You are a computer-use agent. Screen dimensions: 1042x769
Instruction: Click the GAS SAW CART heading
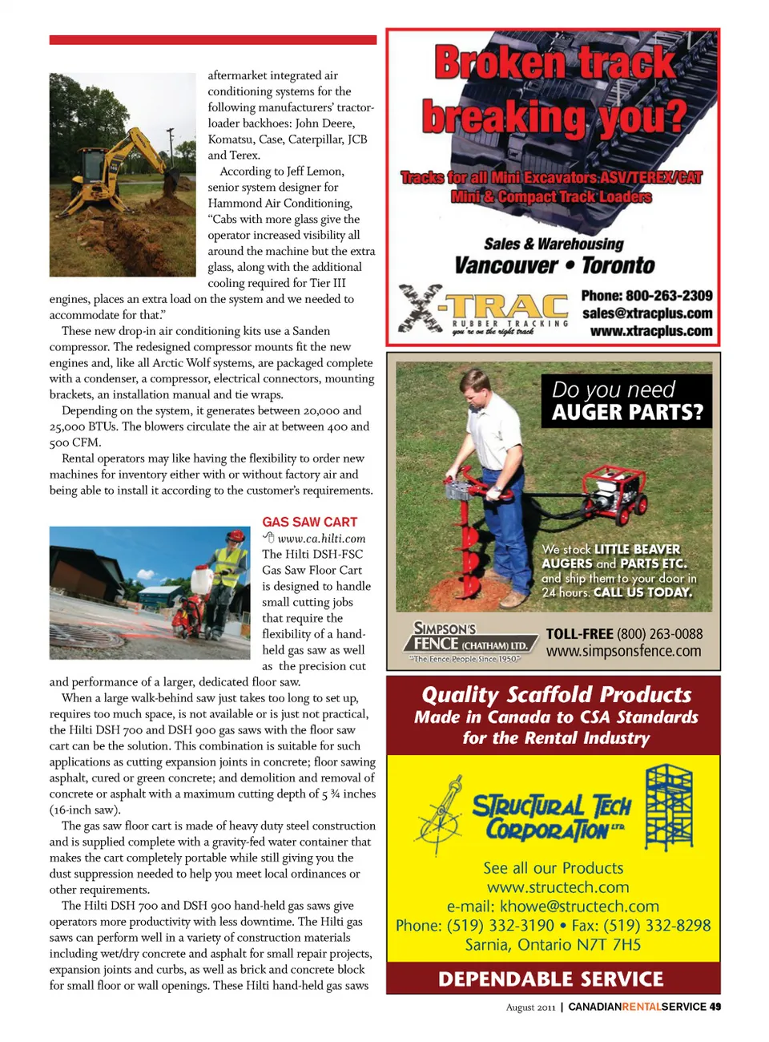[x=310, y=522]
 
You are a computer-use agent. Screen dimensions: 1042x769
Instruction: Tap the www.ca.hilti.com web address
[x=321, y=539]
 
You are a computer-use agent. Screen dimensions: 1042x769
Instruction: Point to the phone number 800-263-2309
[x=646, y=296]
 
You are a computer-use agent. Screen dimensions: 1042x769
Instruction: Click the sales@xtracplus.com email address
[x=646, y=313]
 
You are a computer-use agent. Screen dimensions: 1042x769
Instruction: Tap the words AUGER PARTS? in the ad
[x=627, y=413]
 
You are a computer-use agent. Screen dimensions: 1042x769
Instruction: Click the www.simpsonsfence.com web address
[x=623, y=652]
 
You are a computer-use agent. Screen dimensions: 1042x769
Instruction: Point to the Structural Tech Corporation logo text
[x=551, y=817]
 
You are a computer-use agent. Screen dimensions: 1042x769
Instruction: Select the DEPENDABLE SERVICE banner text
[x=551, y=979]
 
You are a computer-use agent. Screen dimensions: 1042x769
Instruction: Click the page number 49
[x=715, y=1007]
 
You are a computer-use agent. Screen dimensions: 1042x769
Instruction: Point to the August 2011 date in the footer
[x=530, y=1008]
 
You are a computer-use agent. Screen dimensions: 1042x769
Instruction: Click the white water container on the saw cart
[x=203, y=579]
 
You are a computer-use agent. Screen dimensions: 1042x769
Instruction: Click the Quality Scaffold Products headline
[x=556, y=694]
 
